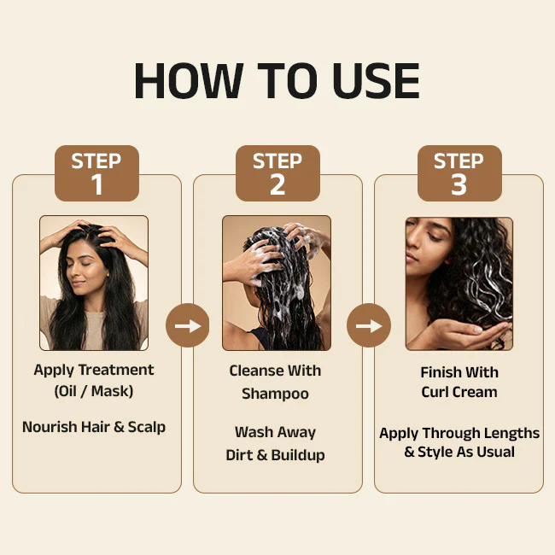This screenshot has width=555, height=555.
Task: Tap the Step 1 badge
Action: point(96,173)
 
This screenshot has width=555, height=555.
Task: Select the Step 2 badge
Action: point(277,173)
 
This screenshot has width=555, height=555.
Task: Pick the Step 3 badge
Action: point(459,173)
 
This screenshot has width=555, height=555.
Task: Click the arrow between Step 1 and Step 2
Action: point(188,325)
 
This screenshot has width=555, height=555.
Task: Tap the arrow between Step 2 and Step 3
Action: point(369,325)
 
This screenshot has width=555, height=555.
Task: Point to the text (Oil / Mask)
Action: point(94,391)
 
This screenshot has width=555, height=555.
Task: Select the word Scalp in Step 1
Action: point(147,427)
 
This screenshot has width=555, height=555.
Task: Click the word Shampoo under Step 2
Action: point(275,394)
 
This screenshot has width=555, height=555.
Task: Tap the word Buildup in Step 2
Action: point(298,455)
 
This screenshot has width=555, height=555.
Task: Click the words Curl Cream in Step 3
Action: point(459,392)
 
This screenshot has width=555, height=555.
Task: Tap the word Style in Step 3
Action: point(435,452)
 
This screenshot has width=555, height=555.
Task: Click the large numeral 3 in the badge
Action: point(459,184)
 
